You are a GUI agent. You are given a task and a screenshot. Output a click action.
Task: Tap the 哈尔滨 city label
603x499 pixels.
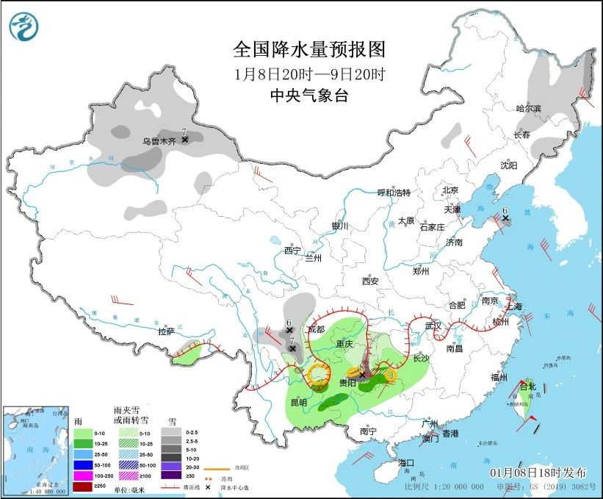[x=528, y=108]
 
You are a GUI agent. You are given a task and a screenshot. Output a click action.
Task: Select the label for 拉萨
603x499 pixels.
[x=167, y=331]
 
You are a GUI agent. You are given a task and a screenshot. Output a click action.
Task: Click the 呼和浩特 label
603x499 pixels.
[x=394, y=193]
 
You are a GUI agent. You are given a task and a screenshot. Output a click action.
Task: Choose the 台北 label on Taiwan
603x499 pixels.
[x=528, y=386]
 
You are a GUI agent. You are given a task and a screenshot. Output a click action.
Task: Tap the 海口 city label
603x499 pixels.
[x=407, y=462]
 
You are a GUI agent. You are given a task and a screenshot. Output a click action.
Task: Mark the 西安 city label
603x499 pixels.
[x=370, y=281]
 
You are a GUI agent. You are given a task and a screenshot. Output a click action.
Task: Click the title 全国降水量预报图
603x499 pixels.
[x=308, y=50]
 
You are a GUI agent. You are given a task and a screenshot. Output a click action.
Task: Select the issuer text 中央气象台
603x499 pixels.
[x=308, y=95]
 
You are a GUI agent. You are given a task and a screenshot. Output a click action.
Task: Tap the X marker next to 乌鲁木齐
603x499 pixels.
[x=185, y=139]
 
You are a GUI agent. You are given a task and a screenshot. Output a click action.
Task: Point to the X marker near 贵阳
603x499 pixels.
[x=361, y=374]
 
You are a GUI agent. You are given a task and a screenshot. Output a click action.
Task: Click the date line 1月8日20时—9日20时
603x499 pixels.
[x=308, y=73]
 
